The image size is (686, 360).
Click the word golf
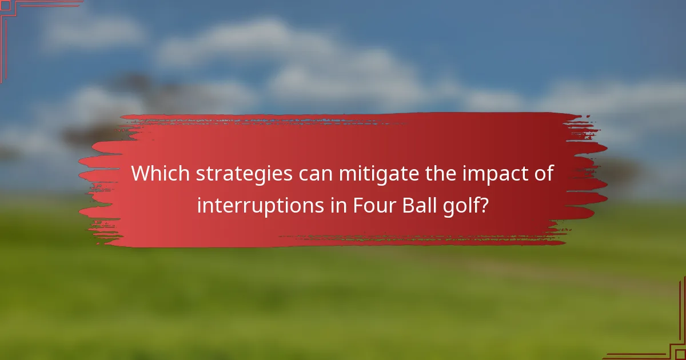click(x=463, y=205)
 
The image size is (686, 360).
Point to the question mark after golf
click(x=485, y=205)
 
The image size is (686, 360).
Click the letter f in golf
click(x=478, y=203)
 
